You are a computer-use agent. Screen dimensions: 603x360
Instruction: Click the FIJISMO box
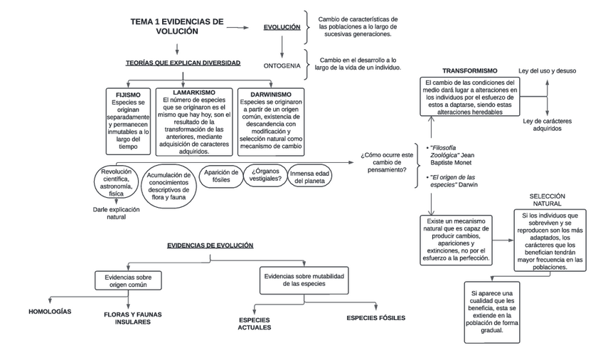pos(128,122)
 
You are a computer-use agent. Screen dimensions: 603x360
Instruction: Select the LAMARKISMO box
pos(194,122)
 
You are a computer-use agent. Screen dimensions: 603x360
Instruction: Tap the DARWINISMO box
pos(271,122)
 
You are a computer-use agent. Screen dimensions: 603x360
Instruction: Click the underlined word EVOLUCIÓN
pos(282,27)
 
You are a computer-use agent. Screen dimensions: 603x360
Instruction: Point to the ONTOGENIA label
pos(282,65)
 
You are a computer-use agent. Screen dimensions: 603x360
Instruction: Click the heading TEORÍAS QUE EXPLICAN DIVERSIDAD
pos(183,63)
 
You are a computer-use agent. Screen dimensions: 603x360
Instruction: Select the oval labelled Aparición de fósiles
pos(221,176)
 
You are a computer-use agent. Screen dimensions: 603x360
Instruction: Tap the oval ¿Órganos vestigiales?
pos(265,175)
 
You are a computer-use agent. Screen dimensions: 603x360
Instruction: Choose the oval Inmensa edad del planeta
pos(309,177)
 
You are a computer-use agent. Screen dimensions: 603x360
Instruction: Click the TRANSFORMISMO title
pos(469,70)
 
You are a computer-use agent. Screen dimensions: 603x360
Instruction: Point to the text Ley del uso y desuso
pos(547,70)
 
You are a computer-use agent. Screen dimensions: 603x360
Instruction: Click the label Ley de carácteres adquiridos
pos(547,125)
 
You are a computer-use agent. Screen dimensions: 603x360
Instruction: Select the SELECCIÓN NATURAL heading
pos(547,200)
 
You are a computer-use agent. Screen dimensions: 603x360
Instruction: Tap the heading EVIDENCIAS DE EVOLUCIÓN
pos(210,245)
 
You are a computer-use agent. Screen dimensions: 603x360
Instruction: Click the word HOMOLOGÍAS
pos(50,312)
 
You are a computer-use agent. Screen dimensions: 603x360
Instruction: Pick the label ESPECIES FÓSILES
pos(375,318)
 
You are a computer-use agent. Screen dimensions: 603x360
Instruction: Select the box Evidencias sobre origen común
pos(128,281)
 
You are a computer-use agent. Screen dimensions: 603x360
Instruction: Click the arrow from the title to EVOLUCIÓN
pos(238,28)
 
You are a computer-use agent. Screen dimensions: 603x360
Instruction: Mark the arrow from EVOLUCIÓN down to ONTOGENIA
pos(282,46)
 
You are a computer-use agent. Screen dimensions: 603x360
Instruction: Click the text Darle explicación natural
pos(116,213)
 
